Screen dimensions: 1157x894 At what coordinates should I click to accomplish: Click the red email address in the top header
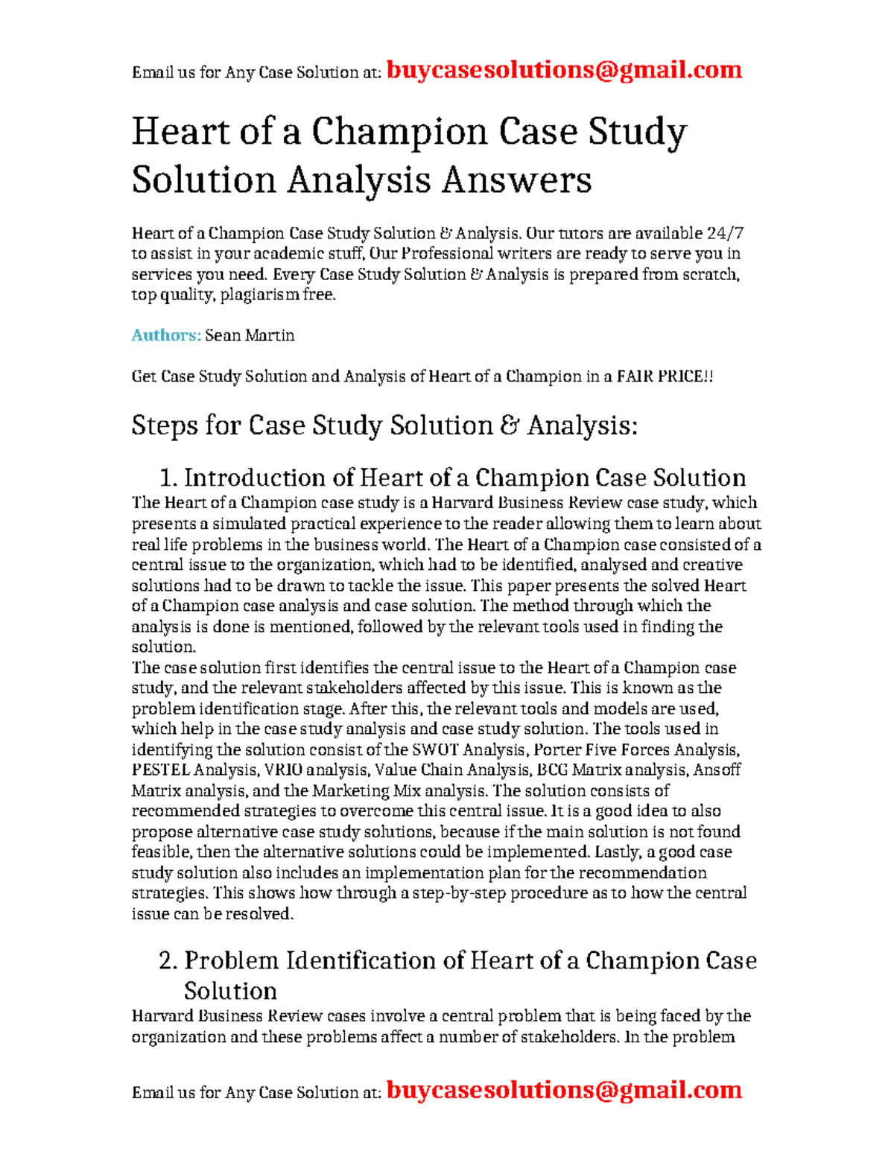(x=564, y=70)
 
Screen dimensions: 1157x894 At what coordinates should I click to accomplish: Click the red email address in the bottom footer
(x=564, y=1090)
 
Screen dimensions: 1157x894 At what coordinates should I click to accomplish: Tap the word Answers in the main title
(x=516, y=180)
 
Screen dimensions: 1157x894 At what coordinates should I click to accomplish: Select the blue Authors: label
(x=166, y=335)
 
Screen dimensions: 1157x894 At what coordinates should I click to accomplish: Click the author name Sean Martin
(x=250, y=335)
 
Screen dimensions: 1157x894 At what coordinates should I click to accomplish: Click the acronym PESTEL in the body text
(x=160, y=770)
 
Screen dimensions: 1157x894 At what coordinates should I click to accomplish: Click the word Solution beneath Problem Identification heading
(x=230, y=991)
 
